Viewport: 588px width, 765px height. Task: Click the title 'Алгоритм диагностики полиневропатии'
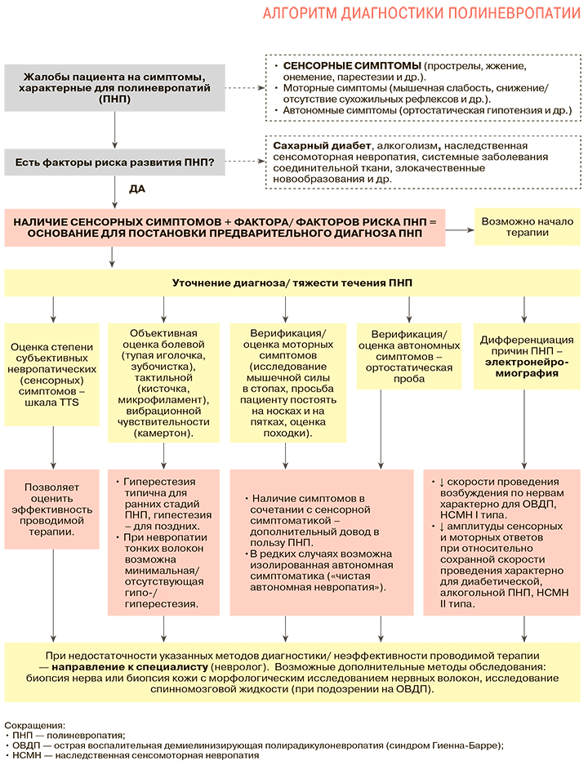pos(422,15)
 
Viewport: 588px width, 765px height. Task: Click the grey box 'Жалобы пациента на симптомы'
pos(115,87)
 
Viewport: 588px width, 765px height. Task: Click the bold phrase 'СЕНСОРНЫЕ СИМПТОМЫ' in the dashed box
pos(352,65)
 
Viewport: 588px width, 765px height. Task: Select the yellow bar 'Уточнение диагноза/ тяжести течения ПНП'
pos(292,282)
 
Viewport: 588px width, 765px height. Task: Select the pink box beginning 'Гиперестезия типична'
pos(164,541)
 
